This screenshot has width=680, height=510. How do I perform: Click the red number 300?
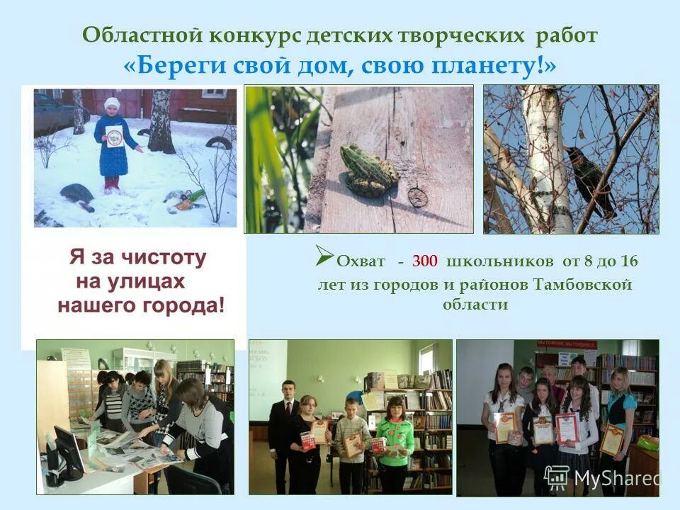(x=425, y=261)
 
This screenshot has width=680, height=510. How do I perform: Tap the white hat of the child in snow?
(x=111, y=104)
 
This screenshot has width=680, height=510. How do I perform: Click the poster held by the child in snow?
(x=114, y=135)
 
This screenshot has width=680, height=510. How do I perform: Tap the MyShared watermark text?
(x=615, y=479)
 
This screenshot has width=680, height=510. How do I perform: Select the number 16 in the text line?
(x=629, y=261)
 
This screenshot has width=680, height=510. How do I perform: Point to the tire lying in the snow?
(x=76, y=193)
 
